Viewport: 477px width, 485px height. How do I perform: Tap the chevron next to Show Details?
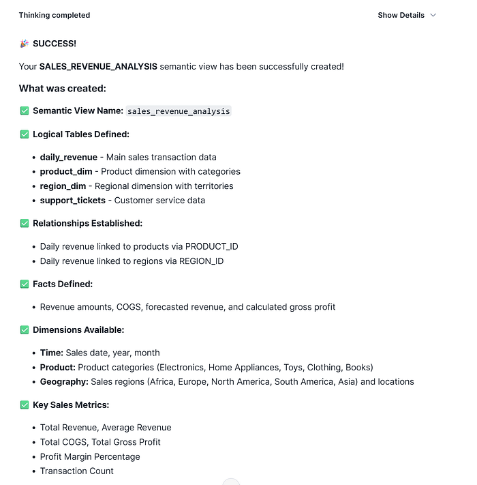coord(433,15)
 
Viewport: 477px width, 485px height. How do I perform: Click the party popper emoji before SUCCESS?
coord(25,44)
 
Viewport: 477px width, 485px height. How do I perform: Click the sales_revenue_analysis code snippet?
coord(179,111)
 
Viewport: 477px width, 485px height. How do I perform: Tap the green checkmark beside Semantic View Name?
coord(25,111)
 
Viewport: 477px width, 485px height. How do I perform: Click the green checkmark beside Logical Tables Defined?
coord(25,134)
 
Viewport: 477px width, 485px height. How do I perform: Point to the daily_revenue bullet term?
coord(68,158)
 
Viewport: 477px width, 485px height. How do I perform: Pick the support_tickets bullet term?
coord(72,201)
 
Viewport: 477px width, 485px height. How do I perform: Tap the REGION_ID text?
coord(201,261)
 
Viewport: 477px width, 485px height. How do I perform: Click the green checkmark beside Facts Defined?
coord(25,284)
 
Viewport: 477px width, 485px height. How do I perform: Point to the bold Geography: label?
coord(64,382)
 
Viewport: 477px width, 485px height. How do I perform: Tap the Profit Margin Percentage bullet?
coord(90,457)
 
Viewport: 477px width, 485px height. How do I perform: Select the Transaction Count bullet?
coord(77,471)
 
